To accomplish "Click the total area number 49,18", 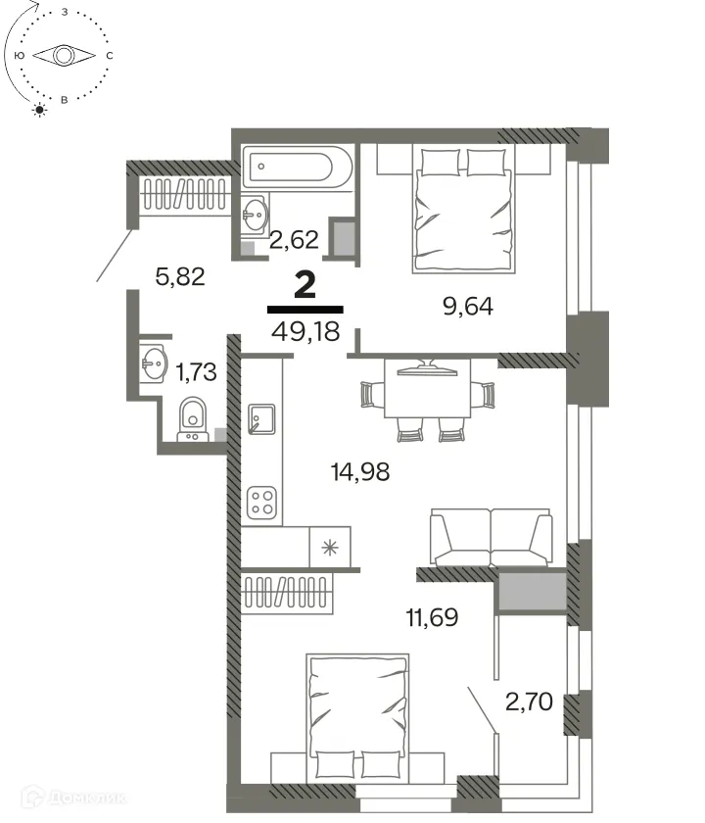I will pyautogui.click(x=305, y=331).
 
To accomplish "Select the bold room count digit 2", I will pyautogui.click(x=305, y=285).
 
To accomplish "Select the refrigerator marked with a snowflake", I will pyautogui.click(x=331, y=546).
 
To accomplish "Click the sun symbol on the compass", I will pyautogui.click(x=40, y=109).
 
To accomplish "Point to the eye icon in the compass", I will pyautogui.click(x=64, y=57).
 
